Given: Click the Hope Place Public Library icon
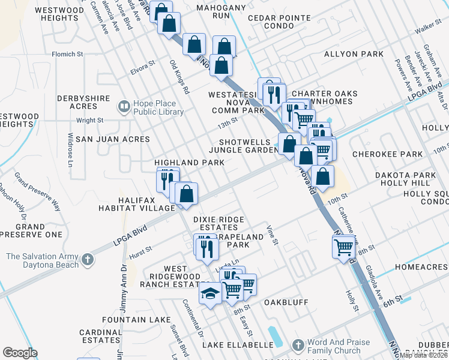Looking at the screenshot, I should (124, 107).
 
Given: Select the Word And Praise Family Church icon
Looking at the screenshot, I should (298, 346).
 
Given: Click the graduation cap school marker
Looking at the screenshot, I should (210, 294).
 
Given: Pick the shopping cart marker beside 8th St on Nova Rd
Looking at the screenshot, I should (343, 246).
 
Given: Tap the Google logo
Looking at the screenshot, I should (20, 353).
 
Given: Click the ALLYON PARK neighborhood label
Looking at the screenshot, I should (354, 54).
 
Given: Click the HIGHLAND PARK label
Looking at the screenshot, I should (189, 163).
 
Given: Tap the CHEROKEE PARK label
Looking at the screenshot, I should (387, 154).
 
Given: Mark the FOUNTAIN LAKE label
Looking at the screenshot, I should (136, 320).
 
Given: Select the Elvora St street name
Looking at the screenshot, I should (143, 67).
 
